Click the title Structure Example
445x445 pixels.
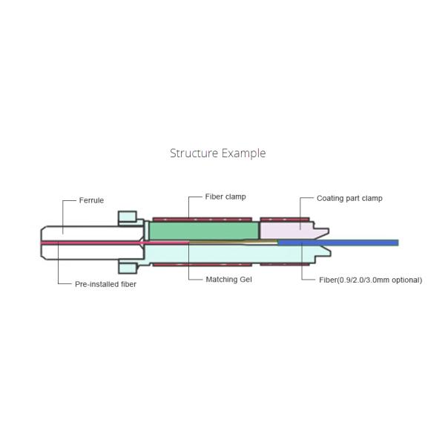click(x=217, y=154)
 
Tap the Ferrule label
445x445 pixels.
click(x=91, y=200)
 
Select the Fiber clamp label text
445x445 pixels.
click(x=225, y=197)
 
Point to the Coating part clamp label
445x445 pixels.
click(x=349, y=198)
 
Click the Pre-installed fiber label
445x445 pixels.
click(x=105, y=284)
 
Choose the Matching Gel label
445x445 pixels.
click(x=228, y=280)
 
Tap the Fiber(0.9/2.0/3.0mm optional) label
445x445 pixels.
click(x=370, y=280)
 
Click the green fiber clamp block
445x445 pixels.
click(x=204, y=231)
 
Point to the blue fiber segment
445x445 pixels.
click(x=338, y=243)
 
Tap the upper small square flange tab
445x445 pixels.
click(x=128, y=217)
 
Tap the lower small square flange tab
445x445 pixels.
click(x=128, y=268)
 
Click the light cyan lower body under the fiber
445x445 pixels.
click(x=230, y=254)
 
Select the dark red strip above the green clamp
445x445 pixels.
click(x=202, y=220)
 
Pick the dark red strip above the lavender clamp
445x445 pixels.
click(x=285, y=220)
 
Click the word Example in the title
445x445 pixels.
click(x=243, y=154)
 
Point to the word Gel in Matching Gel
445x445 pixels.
click(x=245, y=280)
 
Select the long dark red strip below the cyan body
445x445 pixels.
click(x=202, y=265)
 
